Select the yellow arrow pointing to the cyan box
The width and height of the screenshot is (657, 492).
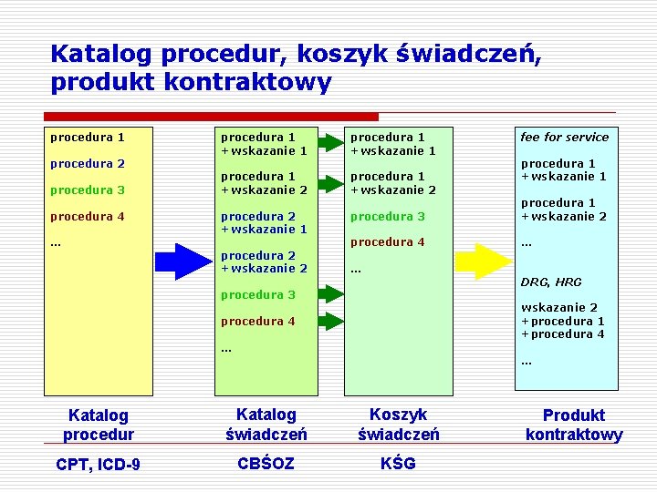pos(484,261)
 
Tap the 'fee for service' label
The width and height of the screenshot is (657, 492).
pos(564,137)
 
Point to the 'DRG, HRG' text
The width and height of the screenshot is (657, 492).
pos(550,282)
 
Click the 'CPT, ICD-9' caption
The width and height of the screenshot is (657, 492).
pos(98,465)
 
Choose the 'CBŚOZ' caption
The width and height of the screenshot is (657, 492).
pos(266,463)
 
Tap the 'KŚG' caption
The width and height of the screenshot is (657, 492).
pos(398,463)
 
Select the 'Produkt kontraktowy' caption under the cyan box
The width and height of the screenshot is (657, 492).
pos(574,425)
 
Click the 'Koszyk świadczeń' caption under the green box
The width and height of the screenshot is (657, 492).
pos(398,424)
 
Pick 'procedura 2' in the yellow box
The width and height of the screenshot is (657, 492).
pos(87,163)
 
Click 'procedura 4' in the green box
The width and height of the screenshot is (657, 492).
pos(387,241)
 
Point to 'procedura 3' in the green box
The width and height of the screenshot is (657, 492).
pos(387,216)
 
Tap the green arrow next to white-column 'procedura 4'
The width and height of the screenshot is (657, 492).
pos(329,321)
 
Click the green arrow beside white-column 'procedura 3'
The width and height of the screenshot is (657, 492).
pos(329,294)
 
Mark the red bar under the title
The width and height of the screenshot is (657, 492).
pos(211,117)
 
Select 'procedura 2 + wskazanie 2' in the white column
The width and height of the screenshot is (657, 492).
pos(264,261)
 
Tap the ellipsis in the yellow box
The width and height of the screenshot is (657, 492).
pos(56,242)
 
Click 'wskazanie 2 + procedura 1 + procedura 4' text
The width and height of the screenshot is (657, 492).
pos(562,321)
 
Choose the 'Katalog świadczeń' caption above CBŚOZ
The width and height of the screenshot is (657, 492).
pos(266,424)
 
